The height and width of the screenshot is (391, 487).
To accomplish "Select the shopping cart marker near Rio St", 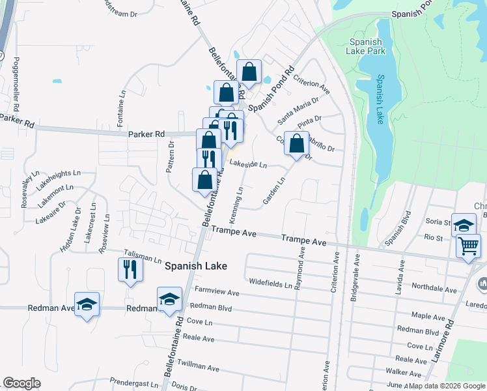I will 469,246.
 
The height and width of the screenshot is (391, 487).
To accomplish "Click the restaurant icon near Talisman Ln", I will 130,268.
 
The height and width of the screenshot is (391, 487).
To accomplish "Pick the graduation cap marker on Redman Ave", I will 87,305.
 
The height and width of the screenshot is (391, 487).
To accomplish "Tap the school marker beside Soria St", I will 464,225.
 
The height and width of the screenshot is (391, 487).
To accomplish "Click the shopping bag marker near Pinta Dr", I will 296,143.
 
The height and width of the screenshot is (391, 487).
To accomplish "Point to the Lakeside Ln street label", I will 248,165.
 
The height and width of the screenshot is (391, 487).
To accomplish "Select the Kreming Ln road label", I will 236,203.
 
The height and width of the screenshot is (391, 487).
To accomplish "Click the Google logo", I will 21,383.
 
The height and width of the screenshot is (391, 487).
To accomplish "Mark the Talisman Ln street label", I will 143,259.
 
